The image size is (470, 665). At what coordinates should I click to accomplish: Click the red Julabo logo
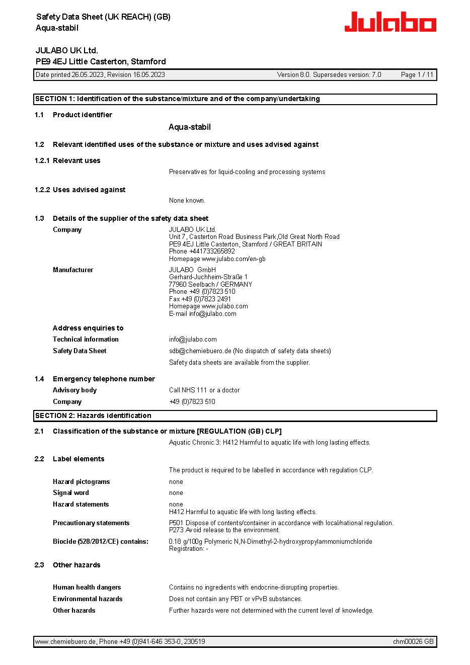390,22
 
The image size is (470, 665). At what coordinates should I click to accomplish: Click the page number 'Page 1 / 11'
417,75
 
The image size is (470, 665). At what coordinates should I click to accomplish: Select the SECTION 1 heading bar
235,99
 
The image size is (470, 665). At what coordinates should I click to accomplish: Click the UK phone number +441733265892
212,252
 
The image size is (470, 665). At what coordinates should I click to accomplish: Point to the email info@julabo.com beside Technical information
193,340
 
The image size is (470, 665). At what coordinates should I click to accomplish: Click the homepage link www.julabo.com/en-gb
233,259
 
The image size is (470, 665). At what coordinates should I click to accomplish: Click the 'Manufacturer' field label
73,270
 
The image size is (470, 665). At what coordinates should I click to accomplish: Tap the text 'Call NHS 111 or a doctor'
204,390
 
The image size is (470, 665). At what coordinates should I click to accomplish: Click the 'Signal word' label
71,493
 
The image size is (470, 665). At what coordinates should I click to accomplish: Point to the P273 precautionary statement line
224,530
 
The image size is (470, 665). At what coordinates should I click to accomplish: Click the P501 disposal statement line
281,523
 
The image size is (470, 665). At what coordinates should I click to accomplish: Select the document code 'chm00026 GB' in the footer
413,642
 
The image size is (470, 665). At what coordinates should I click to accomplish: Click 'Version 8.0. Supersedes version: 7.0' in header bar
329,75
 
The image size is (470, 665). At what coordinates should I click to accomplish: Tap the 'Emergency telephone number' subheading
104,379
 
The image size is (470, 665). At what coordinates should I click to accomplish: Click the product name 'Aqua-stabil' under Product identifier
190,127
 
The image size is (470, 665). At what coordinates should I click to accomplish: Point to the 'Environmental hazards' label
88,599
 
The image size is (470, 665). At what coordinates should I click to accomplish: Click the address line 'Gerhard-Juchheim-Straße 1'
208,277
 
